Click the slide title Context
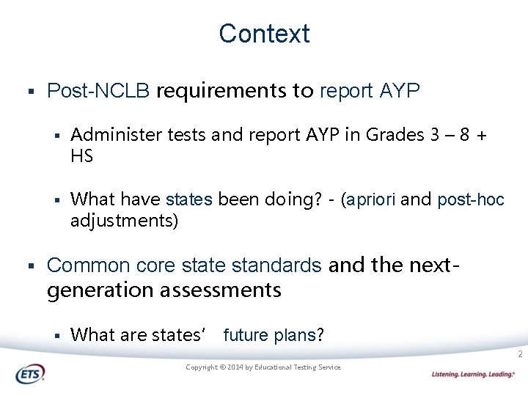pos(264,34)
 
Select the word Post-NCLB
pos(98,91)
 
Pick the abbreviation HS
pos(81,156)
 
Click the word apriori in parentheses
pos(371,199)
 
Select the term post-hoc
pos(471,199)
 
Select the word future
pos(246,335)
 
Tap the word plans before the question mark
pos(294,335)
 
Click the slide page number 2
pos(519,355)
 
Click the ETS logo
pos(30,374)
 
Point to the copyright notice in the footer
pos(263,367)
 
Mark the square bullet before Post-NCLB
pos(31,92)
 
